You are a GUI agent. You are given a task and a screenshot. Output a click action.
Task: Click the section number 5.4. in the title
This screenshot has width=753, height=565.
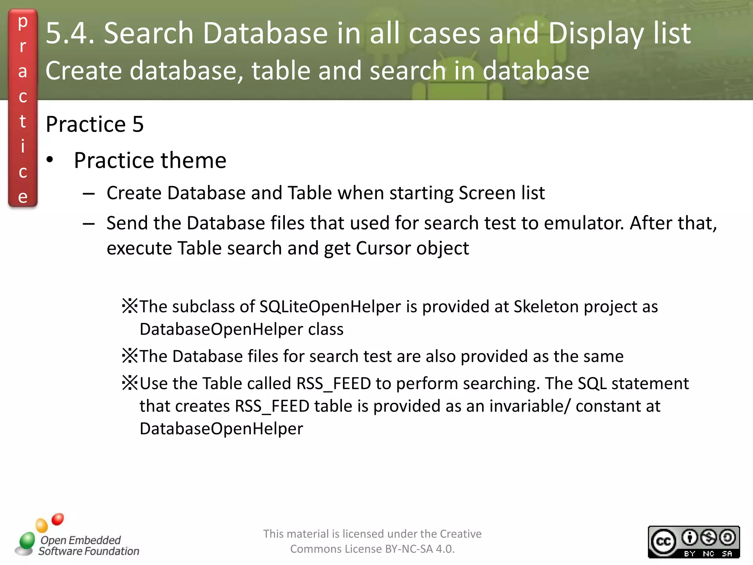tap(70, 33)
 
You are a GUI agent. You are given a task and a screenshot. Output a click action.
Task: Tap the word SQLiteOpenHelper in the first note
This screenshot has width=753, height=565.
tap(330, 306)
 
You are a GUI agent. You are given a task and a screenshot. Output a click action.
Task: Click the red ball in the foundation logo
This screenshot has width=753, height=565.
tap(58, 519)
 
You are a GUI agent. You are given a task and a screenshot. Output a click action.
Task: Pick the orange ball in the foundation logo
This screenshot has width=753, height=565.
tap(42, 525)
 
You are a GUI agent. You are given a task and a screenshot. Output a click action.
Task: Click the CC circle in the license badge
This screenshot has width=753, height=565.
tap(663, 541)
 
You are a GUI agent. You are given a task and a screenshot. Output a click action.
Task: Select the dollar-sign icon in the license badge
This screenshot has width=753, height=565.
tap(709, 538)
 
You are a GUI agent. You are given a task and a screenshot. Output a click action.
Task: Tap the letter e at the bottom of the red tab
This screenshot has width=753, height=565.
tap(23, 197)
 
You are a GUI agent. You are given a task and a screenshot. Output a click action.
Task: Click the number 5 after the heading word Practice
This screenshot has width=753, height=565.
tap(138, 124)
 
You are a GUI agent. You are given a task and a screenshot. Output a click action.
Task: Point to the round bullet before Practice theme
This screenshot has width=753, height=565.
tap(50, 160)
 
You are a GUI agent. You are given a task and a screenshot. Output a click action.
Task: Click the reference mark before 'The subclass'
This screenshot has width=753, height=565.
tap(130, 306)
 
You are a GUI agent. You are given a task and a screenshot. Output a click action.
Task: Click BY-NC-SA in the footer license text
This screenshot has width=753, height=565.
tap(409, 549)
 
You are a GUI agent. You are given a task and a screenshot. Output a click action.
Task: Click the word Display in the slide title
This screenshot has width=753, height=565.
tap(596, 33)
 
